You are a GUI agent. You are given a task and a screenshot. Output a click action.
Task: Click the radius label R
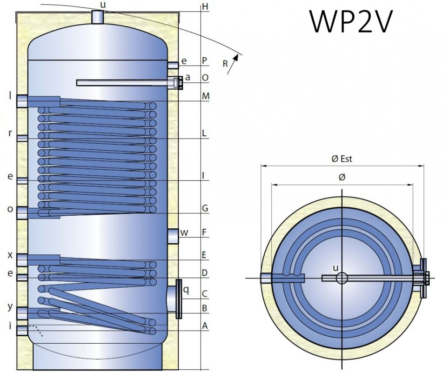225,65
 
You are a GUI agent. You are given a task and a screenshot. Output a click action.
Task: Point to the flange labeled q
178,299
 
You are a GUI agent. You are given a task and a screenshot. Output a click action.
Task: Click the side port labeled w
173,236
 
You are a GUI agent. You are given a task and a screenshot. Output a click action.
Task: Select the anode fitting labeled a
176,83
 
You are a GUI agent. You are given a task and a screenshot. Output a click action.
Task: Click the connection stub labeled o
22,213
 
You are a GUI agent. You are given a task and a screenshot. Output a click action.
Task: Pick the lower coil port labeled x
22,260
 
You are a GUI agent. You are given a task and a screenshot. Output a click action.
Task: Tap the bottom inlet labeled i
22,330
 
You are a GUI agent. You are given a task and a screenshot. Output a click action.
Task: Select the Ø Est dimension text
342,159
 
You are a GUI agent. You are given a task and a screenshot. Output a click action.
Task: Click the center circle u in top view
342,278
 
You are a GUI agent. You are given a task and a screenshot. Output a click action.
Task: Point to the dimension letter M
205,96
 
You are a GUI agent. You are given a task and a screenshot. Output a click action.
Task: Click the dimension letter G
205,208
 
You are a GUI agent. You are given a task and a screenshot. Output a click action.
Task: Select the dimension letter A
205,326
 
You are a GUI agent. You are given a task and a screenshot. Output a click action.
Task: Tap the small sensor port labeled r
22,138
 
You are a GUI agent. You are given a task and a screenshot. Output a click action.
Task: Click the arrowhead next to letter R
237,57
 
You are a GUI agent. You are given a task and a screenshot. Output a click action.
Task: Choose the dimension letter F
205,231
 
